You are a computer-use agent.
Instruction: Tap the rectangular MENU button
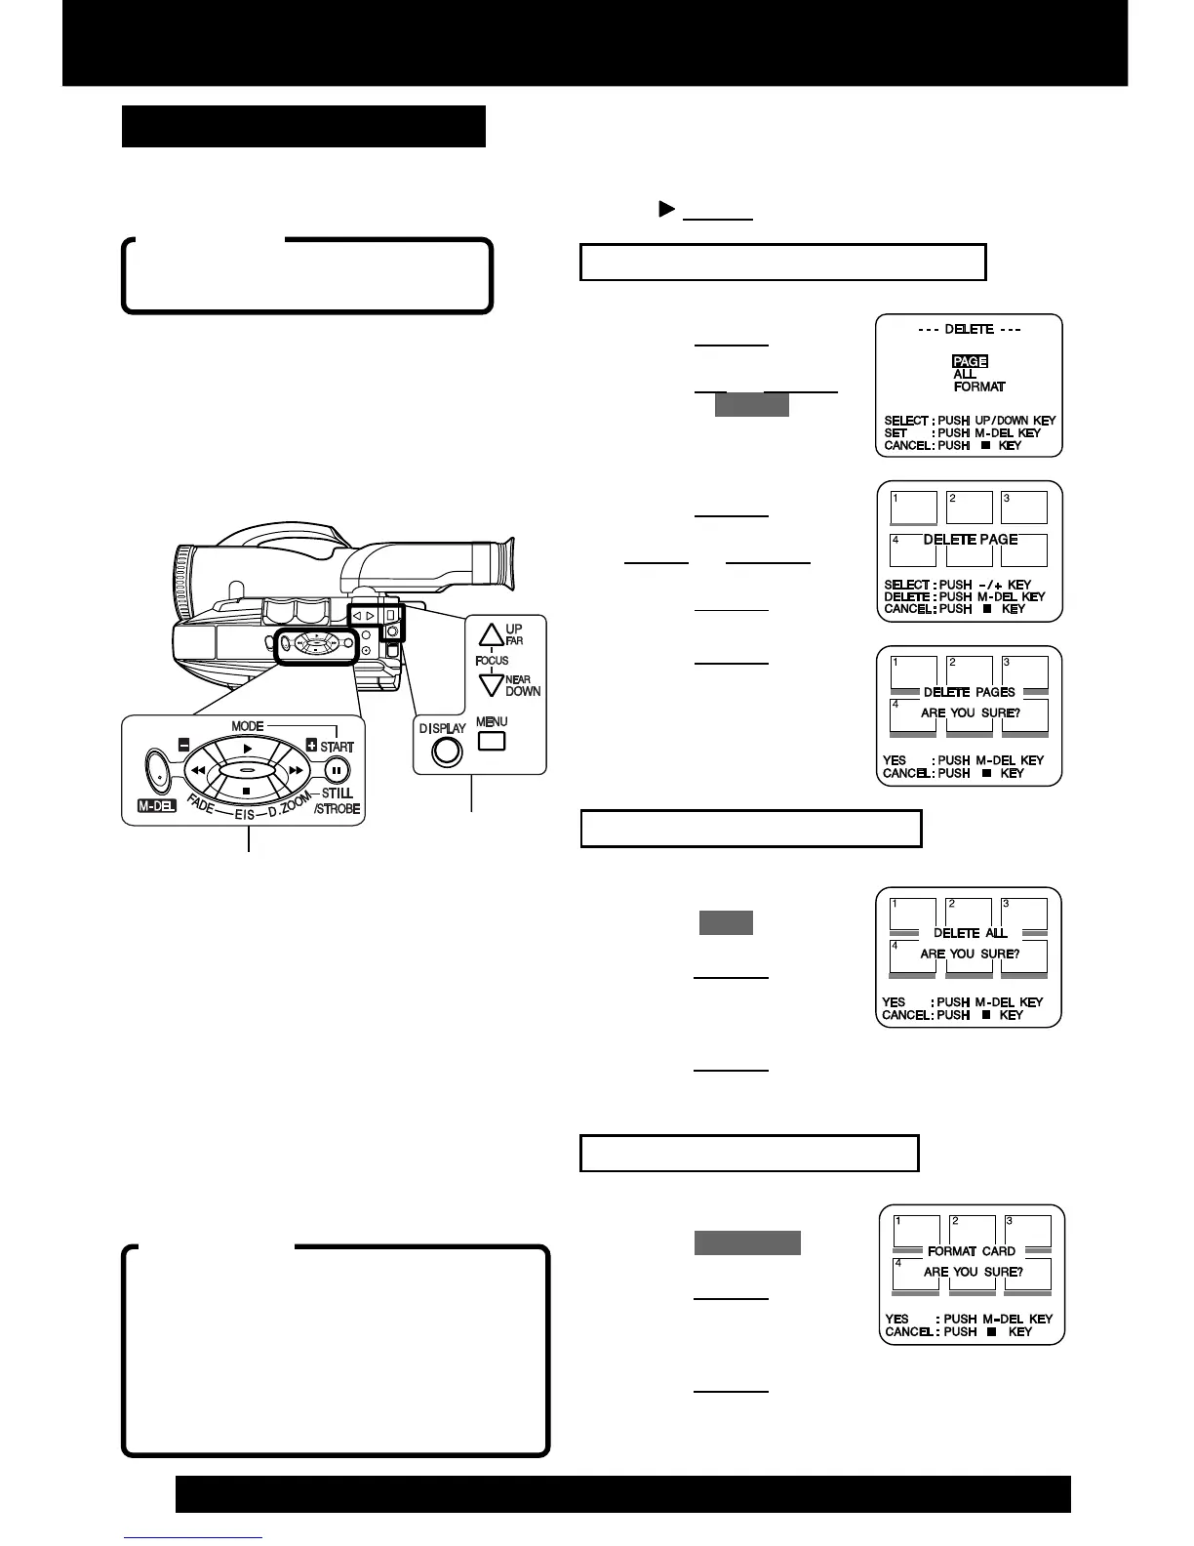(492, 741)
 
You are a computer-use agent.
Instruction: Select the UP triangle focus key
(490, 635)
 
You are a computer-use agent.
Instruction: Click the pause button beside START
(337, 769)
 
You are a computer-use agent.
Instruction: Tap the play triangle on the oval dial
(248, 749)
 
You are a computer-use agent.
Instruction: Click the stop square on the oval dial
(247, 791)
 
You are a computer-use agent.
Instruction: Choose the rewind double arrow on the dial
(198, 770)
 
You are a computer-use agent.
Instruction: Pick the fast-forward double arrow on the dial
(296, 770)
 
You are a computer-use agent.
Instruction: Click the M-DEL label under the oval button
(156, 806)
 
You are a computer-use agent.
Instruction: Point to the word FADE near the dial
(202, 805)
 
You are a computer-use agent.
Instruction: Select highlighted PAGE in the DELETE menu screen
(970, 361)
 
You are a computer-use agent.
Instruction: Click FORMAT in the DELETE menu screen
(979, 386)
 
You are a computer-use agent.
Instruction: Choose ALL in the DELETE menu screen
(965, 374)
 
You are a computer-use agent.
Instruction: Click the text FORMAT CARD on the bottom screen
(971, 1250)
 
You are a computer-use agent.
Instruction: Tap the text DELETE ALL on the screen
(970, 933)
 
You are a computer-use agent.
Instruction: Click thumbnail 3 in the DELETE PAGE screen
(1024, 508)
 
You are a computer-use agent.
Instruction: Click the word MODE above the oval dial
(248, 726)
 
